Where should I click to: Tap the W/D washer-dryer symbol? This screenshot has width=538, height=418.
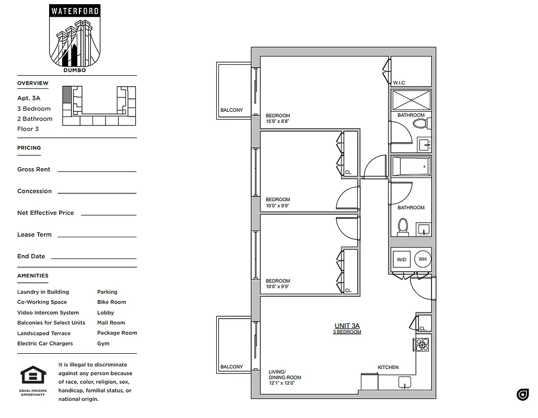[401, 259]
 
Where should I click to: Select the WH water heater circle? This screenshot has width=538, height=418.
[422, 259]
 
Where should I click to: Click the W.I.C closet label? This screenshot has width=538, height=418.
[399, 83]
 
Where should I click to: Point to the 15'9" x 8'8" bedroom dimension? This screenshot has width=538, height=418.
[277, 122]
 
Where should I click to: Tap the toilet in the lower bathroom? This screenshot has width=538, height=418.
[403, 227]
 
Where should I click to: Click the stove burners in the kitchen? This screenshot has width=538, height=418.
[422, 344]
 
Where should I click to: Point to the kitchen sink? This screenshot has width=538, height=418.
[405, 383]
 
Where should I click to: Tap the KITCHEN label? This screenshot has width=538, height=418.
[388, 367]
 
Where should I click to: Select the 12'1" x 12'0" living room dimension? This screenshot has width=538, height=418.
[282, 383]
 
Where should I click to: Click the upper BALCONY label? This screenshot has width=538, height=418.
[231, 110]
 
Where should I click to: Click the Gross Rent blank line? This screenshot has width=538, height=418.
[97, 171]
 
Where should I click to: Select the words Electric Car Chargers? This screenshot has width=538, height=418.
[45, 343]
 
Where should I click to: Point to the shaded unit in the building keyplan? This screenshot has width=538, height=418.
[66, 95]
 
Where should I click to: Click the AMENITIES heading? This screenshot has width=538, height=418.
[32, 275]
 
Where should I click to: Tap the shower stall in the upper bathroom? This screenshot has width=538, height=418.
[411, 99]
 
